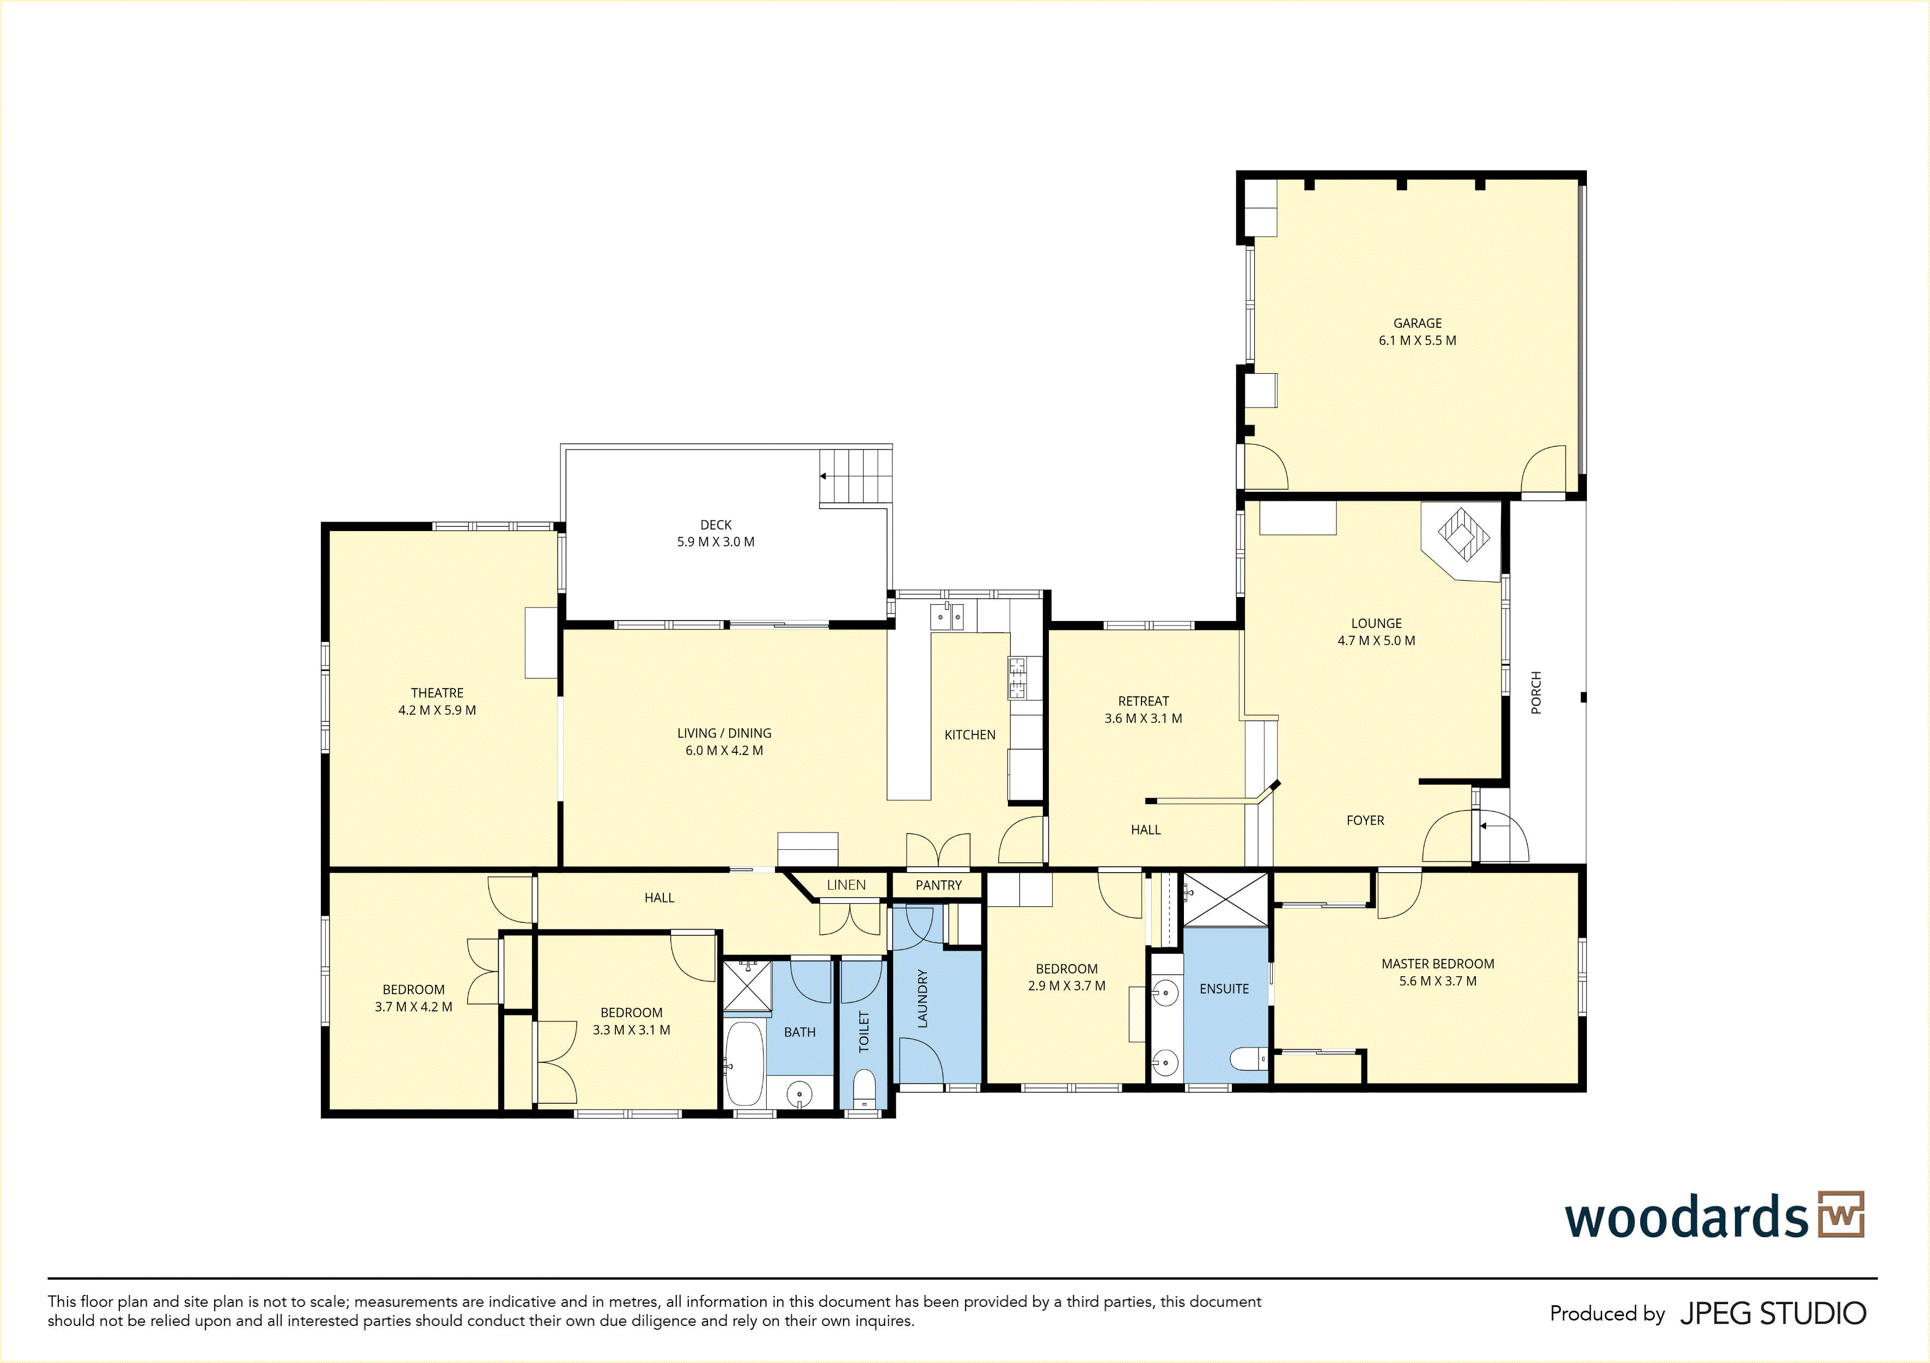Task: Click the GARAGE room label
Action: [x=1417, y=324]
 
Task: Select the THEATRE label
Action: [x=437, y=693]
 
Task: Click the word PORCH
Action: [x=1536, y=693]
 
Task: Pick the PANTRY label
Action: [x=938, y=885]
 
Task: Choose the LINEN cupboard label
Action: [x=846, y=885]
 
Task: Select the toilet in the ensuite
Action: [x=1248, y=1058]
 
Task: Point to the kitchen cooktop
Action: [x=1017, y=678]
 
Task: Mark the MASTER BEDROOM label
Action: [x=1437, y=964]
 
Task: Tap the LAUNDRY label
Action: [x=922, y=999]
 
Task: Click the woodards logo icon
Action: [x=1841, y=1214]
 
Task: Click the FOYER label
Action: [x=1365, y=820]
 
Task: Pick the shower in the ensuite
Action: [x=1226, y=900]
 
